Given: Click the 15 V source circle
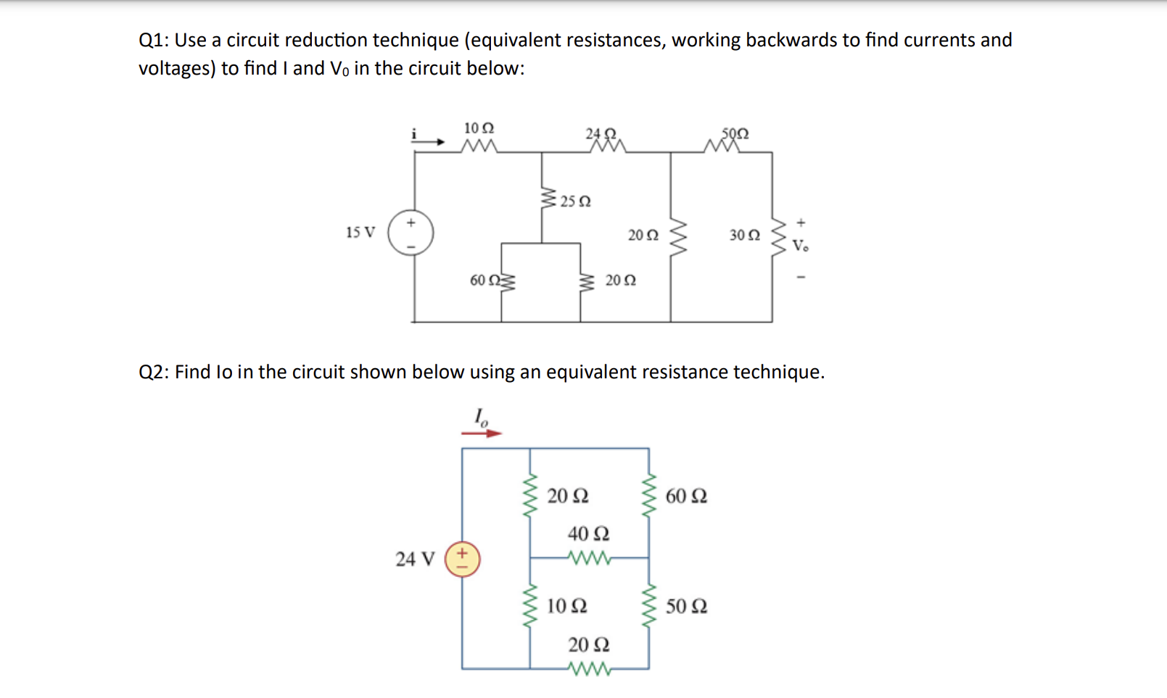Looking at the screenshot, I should pos(411,233).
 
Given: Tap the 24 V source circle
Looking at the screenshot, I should pos(462,559).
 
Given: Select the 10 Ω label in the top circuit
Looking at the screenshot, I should pos(479,128).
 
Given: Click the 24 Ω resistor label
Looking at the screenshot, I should pos(601,133).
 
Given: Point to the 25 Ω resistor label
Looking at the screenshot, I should pos(575,201).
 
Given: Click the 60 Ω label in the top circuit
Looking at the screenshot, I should pos(484,280).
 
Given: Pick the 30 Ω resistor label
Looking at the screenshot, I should pos(745,235).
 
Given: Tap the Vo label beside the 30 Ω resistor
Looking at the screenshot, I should pos(800,246).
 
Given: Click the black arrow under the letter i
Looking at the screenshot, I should pos(429,142).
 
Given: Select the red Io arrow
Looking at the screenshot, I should pos(481,433).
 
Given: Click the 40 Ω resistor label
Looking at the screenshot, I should pos(588,534).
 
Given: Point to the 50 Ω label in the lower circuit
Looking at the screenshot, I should pos(686,606).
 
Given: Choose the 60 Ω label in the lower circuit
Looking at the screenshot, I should pos(686,497).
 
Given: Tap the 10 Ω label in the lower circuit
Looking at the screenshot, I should pos(566,606).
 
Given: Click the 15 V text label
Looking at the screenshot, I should pos(360,233).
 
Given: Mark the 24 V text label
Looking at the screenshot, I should pos(415,559).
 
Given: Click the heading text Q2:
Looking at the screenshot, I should pos(154,372).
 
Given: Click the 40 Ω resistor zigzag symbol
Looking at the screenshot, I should pos(589,558).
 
